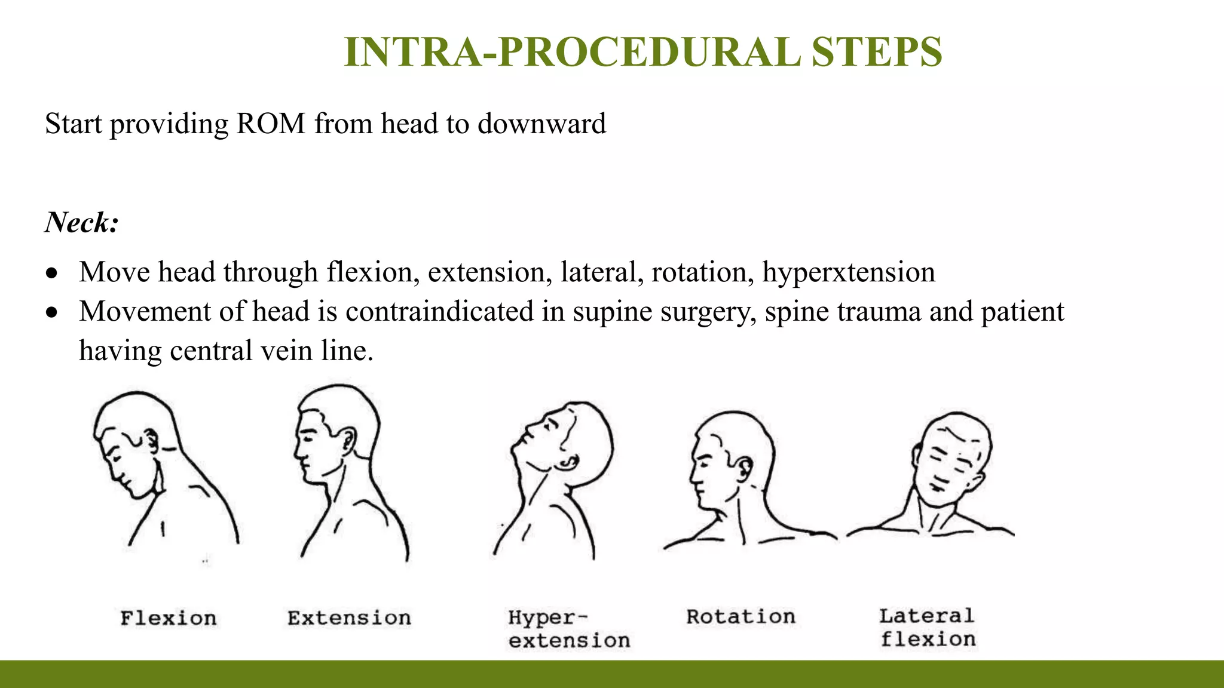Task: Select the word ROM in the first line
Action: tap(271, 124)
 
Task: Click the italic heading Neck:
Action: tap(82, 222)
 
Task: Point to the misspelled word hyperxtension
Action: tap(849, 272)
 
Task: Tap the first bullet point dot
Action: tap(53, 274)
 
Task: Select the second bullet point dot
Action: tap(53, 312)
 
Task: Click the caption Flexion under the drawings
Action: tap(169, 618)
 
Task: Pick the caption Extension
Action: tap(349, 618)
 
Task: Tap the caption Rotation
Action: tap(740, 616)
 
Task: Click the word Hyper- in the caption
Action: tap(547, 617)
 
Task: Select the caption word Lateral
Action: tap(926, 615)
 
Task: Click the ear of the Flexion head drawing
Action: tap(152, 441)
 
